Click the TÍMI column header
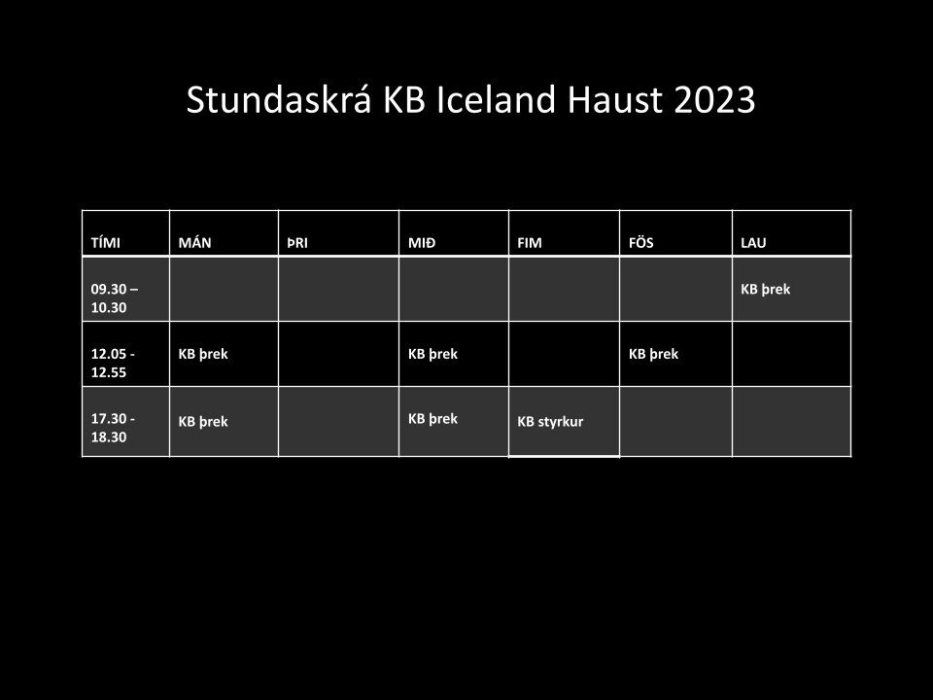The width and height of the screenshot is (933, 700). tap(105, 243)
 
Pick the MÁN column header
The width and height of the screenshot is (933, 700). tap(194, 243)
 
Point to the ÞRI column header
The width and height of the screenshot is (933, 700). tap(297, 243)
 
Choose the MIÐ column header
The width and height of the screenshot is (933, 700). tap(421, 243)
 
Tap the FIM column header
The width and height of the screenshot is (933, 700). tap(529, 243)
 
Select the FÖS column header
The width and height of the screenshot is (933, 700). tap(640, 242)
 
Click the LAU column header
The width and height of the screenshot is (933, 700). tap(753, 243)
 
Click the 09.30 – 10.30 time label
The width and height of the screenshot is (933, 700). tap(115, 298)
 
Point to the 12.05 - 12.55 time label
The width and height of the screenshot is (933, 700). tap(113, 363)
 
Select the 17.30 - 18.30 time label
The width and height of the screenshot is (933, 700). tap(113, 428)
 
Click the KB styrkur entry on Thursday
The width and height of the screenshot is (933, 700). tap(550, 421)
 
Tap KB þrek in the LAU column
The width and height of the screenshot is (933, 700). tap(765, 290)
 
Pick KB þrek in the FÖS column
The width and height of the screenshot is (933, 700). tap(653, 354)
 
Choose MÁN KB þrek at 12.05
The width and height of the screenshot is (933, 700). tap(203, 354)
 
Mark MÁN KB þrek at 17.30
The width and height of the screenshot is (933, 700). tap(203, 422)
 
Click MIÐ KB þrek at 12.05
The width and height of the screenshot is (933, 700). tap(432, 354)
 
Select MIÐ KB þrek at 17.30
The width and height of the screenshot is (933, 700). tap(432, 419)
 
